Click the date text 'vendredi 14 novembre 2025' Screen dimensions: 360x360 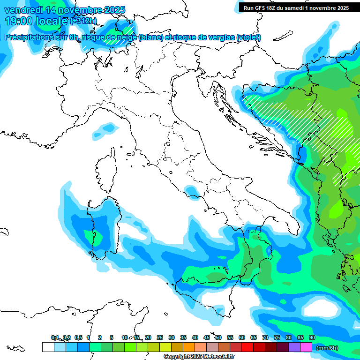point(65,10)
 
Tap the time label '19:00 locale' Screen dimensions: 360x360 point(36,21)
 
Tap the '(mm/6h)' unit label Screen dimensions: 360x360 point(327,348)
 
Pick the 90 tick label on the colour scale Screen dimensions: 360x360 point(312,337)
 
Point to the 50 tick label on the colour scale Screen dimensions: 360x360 point(218,337)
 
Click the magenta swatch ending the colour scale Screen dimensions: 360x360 point(306,347)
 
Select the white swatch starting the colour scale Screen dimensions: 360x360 point(48,347)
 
